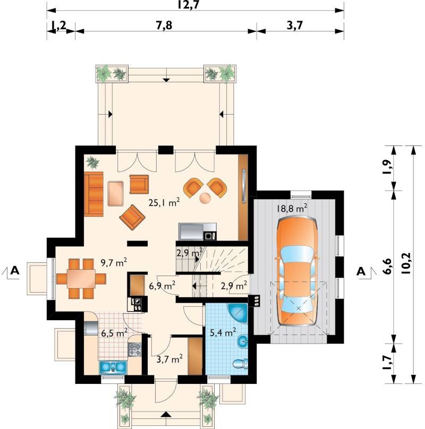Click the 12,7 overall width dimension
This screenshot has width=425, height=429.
click(189, 5)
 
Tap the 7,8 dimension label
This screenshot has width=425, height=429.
click(164, 25)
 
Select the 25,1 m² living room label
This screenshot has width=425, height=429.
click(164, 202)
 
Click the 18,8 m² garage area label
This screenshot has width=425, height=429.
click(292, 208)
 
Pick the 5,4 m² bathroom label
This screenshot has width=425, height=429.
click(223, 333)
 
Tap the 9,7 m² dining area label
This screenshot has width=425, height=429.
click(114, 263)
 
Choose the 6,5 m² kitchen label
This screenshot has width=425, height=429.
click(114, 333)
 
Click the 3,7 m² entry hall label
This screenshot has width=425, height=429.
click(169, 359)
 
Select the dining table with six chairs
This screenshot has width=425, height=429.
click(81, 279)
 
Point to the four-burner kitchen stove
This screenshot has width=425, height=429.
click(135, 350)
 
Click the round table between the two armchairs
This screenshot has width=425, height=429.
click(205, 198)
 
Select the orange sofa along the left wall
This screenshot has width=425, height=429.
click(93, 194)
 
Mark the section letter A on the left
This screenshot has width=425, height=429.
click(15, 271)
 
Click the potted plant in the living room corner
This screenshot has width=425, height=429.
click(92, 162)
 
